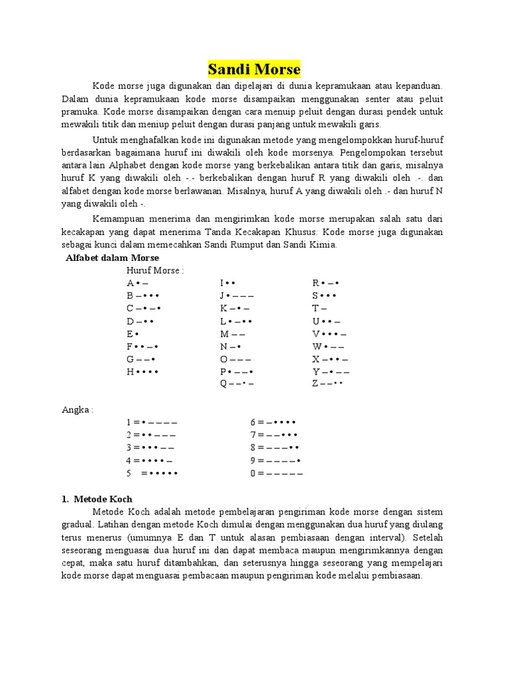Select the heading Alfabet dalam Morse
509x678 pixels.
[112, 257]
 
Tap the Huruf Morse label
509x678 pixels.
[154, 270]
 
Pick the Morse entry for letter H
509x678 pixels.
[142, 371]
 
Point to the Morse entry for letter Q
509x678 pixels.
[237, 384]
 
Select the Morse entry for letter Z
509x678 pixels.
[327, 384]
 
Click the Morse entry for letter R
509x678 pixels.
[325, 283]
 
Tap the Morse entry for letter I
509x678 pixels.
[228, 283]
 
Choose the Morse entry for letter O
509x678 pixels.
[235, 359]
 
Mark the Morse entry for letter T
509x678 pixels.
[319, 309]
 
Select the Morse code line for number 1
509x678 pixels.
[151, 422]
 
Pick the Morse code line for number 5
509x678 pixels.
[152, 473]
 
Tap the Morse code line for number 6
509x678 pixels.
[272, 422]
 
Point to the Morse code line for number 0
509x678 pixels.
[276, 473]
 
